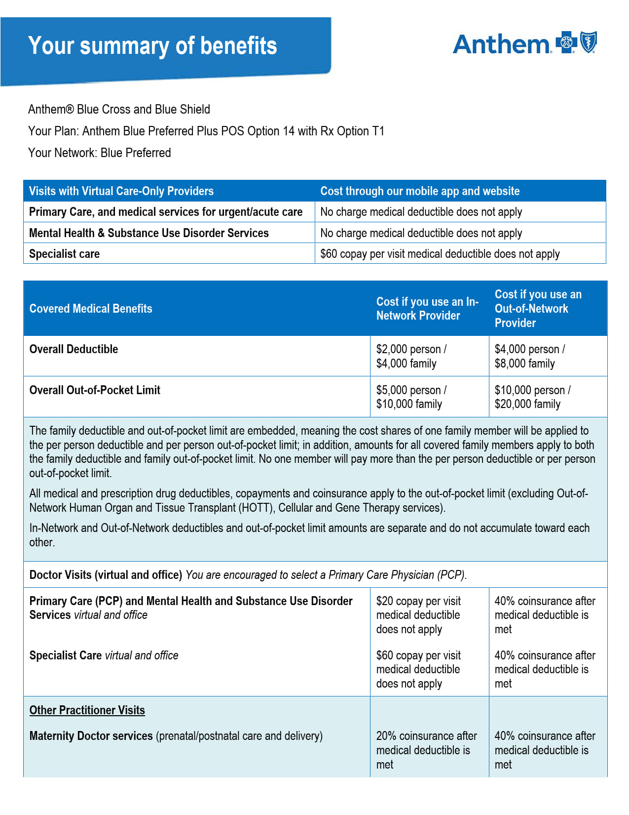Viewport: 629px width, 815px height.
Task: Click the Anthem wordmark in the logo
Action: click(501, 44)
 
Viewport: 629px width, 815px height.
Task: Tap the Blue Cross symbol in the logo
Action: click(566, 42)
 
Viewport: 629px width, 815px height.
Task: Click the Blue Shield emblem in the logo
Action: click(588, 42)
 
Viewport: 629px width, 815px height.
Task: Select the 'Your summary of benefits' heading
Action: click(152, 46)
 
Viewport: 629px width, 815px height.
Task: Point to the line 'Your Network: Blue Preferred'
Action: click(99, 153)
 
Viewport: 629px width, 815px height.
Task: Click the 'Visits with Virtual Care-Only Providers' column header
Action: click(121, 191)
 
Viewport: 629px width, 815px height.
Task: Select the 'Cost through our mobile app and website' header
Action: click(419, 191)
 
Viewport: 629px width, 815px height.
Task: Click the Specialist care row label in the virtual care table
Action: click(64, 254)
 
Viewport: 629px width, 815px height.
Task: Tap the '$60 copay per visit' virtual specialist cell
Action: click(440, 254)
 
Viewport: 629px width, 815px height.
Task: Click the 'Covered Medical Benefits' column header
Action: click(91, 309)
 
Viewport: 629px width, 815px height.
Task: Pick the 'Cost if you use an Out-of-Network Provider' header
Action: click(538, 309)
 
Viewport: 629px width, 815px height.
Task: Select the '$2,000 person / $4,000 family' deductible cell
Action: click(411, 356)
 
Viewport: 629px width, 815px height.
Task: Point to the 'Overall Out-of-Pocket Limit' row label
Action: click(95, 390)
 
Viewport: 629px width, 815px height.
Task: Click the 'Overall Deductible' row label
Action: click(74, 349)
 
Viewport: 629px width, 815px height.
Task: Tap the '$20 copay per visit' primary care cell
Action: click(418, 615)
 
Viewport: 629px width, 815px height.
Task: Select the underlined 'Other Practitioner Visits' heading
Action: click(87, 710)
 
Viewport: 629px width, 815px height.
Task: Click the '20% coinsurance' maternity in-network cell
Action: click(426, 750)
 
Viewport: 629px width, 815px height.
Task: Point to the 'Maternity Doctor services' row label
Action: click(91, 736)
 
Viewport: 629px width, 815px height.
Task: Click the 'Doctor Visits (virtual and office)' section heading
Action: click(106, 575)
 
